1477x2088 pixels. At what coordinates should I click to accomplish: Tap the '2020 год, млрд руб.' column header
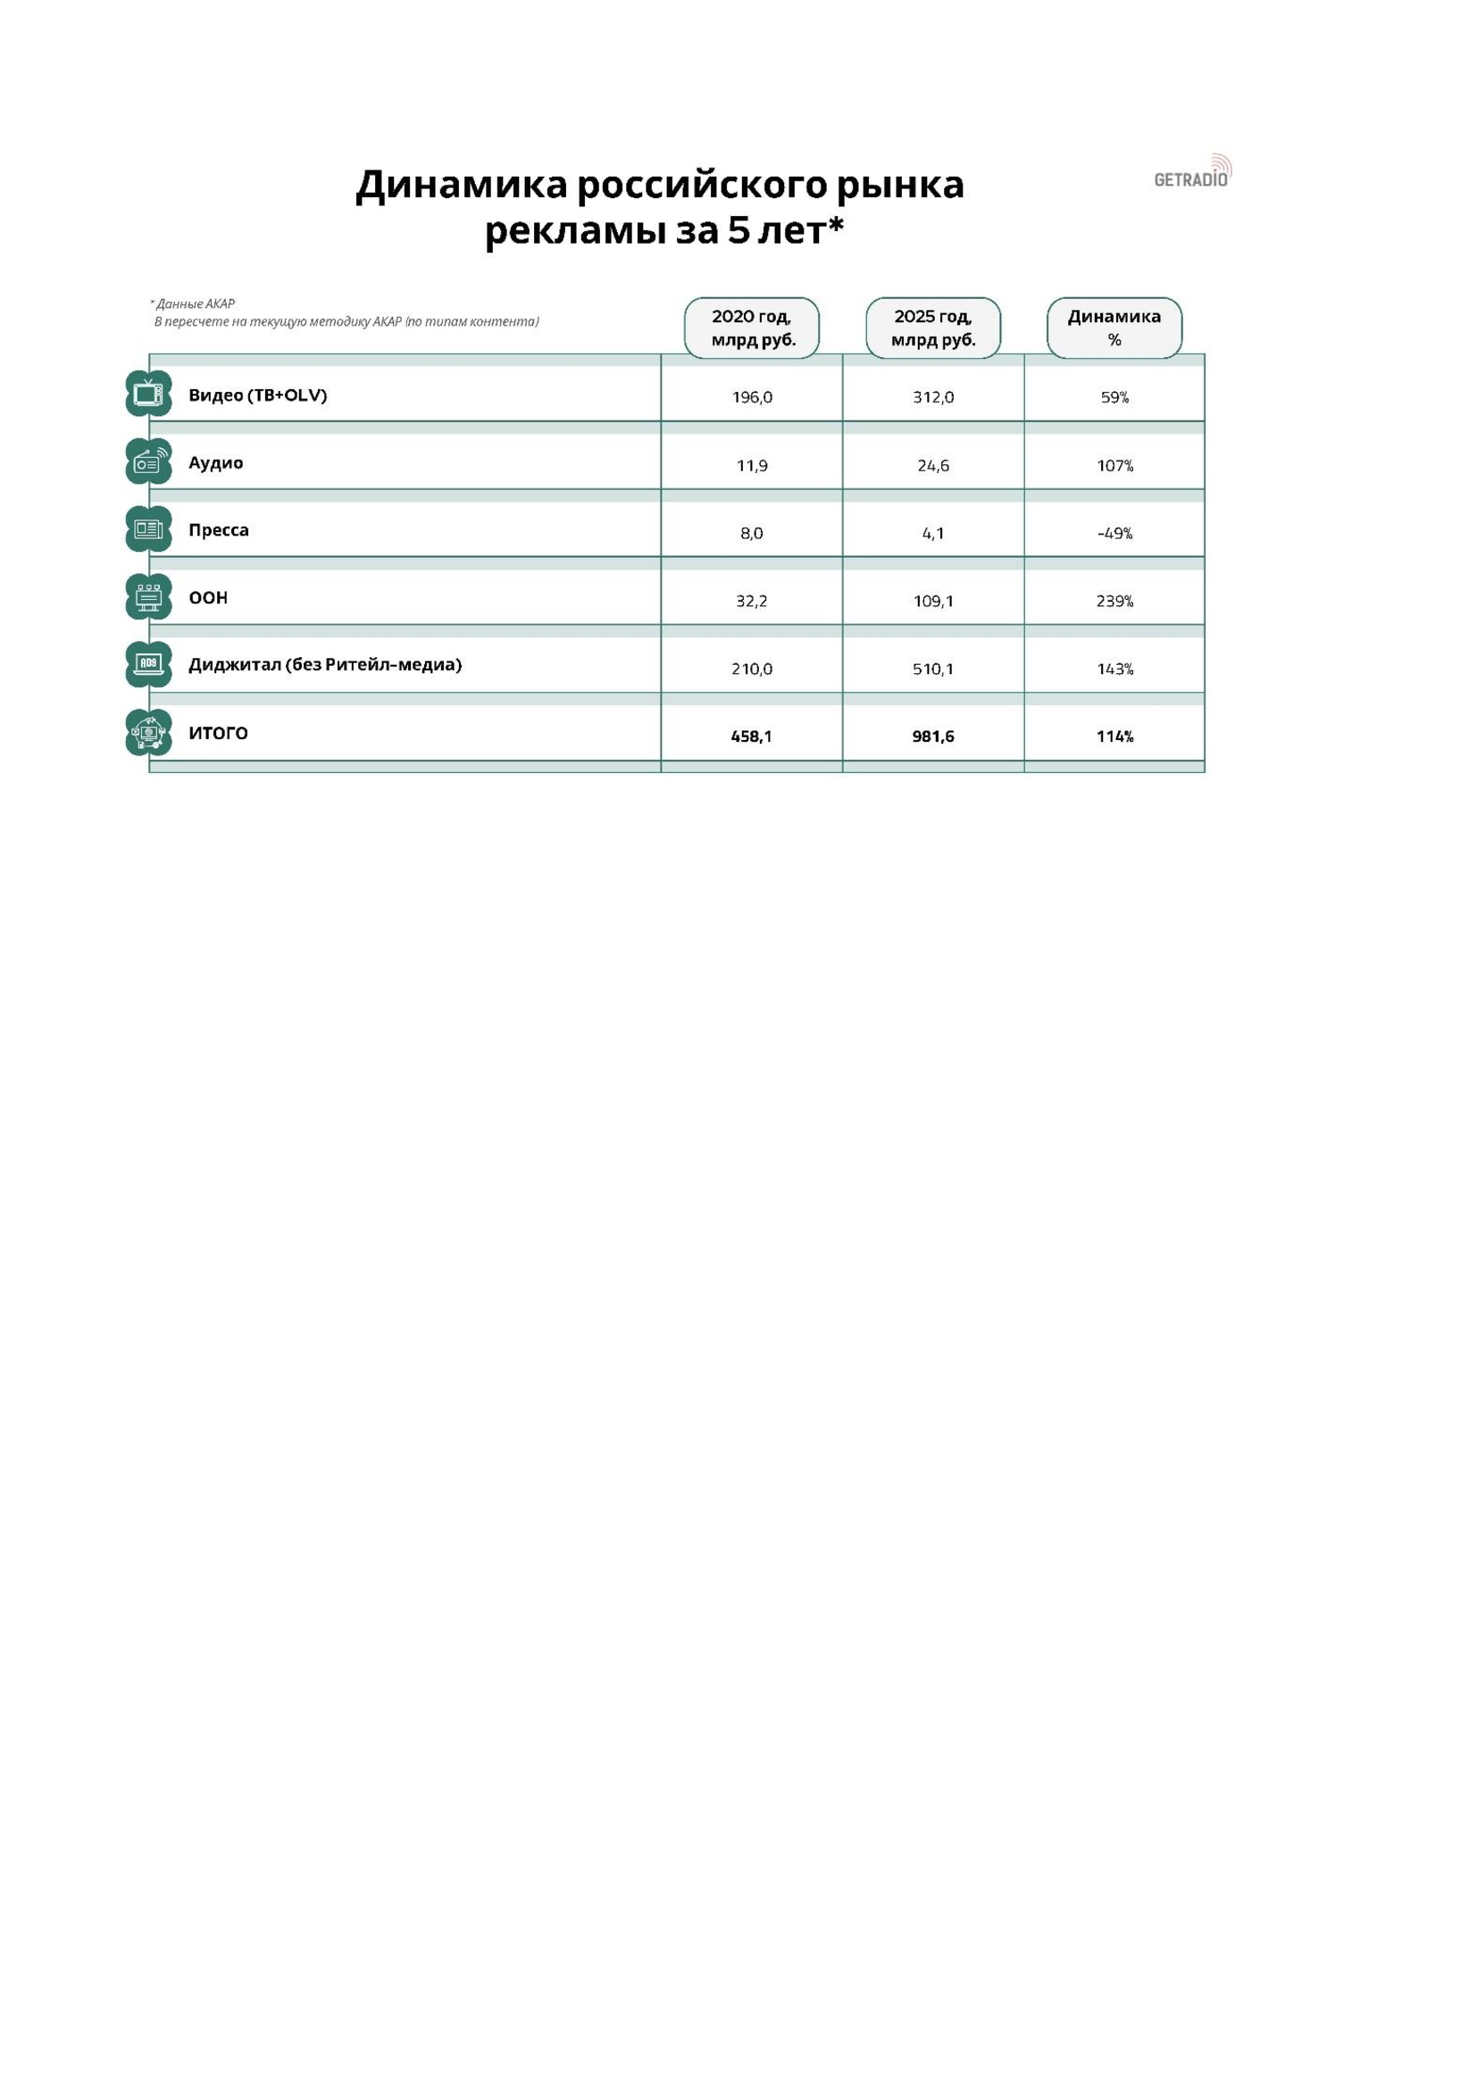pos(751,329)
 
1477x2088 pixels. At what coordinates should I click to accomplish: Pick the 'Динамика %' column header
pos(1114,329)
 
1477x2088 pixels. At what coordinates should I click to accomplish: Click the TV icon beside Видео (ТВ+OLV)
pos(148,394)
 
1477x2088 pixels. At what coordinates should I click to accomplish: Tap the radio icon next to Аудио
pos(148,462)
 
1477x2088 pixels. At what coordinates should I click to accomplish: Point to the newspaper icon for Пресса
pos(148,529)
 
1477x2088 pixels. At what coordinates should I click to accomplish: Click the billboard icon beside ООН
pos(148,597)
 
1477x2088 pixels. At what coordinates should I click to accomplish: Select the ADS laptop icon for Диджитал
pos(148,665)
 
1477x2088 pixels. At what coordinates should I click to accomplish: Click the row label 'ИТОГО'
pos(218,733)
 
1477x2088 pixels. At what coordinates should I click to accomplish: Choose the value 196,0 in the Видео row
pos(751,397)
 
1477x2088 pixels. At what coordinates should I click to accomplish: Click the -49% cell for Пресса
pos(1114,533)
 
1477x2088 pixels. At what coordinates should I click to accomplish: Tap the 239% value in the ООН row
pos(1114,601)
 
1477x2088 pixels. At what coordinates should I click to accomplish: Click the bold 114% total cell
pos(1114,736)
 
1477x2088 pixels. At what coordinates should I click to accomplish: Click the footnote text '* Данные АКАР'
pos(193,304)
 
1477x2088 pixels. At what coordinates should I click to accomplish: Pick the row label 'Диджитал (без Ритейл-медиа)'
pos(325,665)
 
